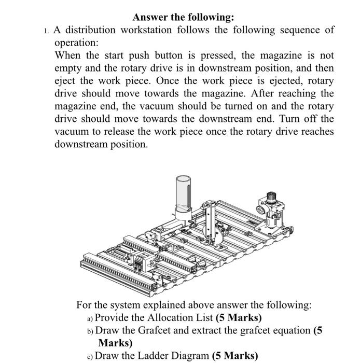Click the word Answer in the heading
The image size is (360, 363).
150,17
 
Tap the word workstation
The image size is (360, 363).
147,30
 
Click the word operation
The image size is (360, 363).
76,43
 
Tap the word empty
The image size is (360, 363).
67,68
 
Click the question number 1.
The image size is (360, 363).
46,31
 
